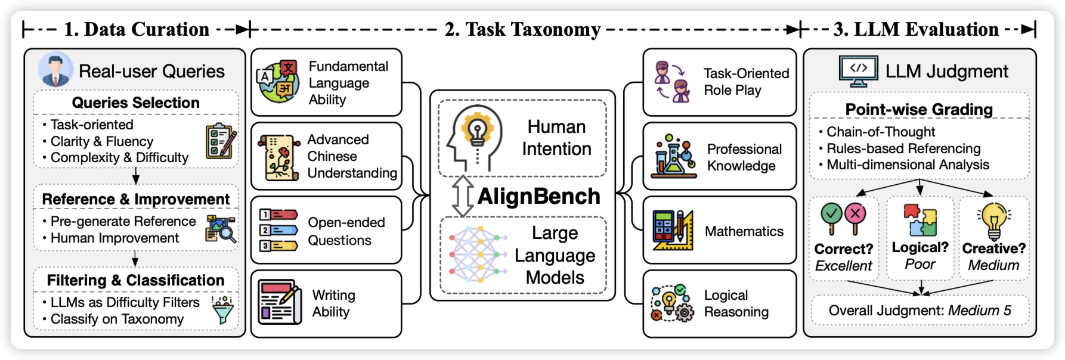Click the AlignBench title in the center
click(538, 197)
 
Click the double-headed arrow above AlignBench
click(462, 196)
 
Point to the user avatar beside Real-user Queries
click(55, 70)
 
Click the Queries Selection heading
click(136, 103)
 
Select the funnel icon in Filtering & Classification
click(223, 309)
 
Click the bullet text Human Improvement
click(114, 238)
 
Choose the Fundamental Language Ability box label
click(348, 83)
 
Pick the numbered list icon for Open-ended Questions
click(278, 229)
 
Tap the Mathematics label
click(744, 231)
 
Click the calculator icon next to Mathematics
click(673, 230)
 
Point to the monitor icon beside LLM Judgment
click(858, 71)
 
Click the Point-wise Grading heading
click(919, 110)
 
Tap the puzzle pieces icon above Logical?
click(920, 221)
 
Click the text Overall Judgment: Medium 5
click(920, 311)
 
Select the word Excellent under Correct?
click(843, 266)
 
